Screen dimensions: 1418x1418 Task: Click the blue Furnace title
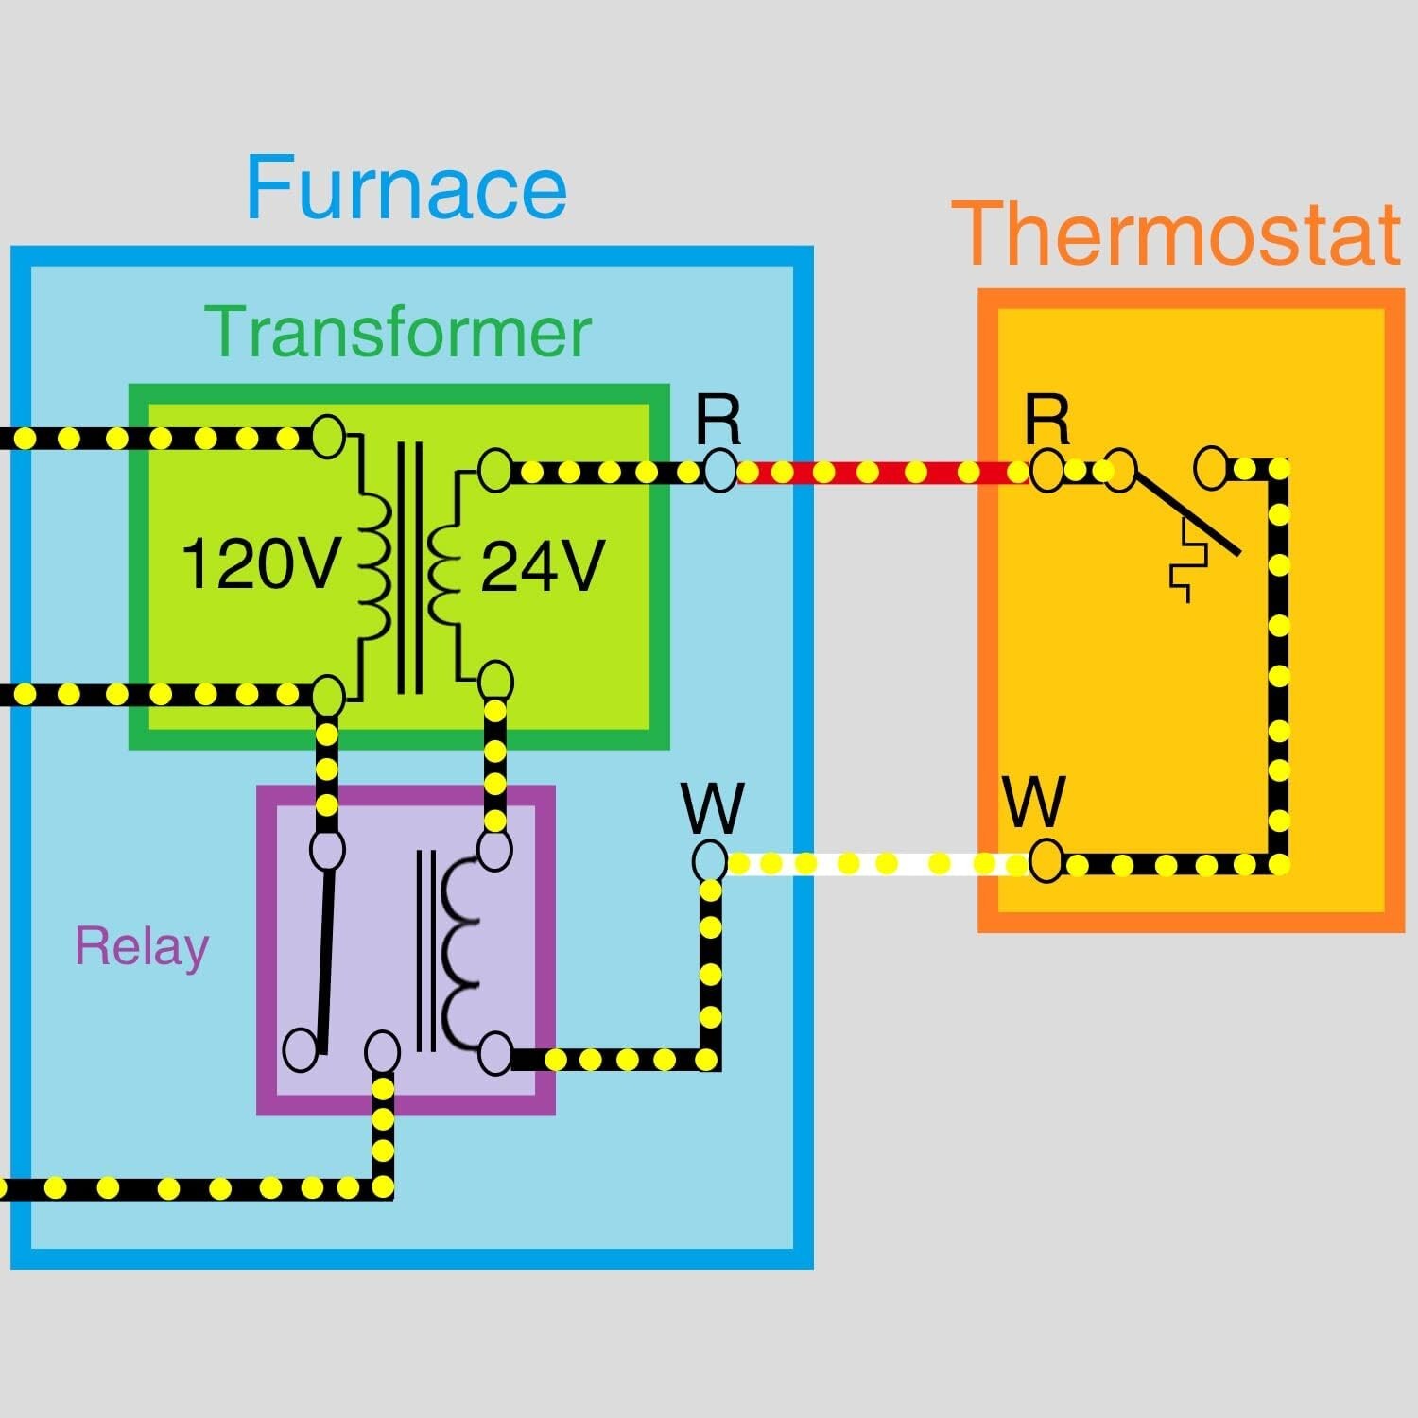click(x=406, y=187)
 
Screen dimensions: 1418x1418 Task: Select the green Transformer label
click(x=398, y=332)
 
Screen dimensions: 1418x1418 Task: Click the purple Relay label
click(x=142, y=947)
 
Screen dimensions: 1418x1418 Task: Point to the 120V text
click(x=259, y=564)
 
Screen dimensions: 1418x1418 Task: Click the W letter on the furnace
click(x=713, y=808)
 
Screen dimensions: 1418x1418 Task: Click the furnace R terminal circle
click(x=718, y=470)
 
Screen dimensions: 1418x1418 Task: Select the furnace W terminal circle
click(x=710, y=861)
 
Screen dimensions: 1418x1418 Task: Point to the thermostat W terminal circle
click(x=1046, y=861)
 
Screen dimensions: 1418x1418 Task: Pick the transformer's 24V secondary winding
click(x=445, y=572)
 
